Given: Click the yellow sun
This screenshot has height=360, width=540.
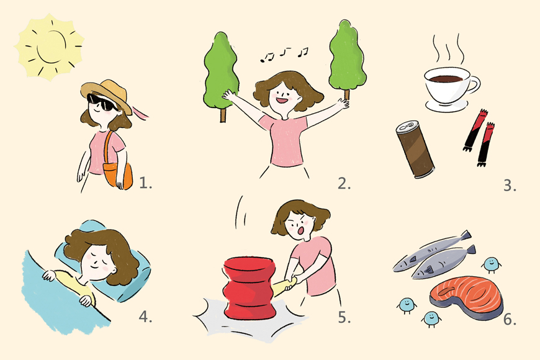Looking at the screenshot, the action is tap(49, 47).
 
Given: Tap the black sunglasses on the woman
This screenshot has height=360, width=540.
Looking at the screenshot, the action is tap(101, 101).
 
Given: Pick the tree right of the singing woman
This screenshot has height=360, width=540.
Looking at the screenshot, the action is tap(347, 58).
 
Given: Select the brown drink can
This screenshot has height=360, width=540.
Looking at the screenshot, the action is tap(415, 149).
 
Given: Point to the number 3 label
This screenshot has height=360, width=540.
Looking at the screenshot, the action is tap(510, 186).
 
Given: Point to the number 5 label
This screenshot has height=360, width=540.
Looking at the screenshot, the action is tap(344, 317).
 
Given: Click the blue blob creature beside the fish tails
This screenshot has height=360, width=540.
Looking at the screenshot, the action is tap(492, 264).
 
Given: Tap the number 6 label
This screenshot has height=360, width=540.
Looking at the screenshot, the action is tap(510, 320).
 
